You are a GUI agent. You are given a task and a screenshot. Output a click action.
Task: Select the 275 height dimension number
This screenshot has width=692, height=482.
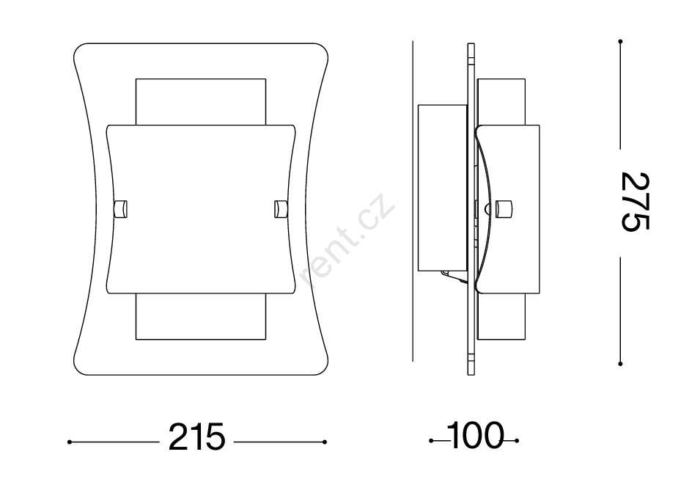pyautogui.click(x=635, y=202)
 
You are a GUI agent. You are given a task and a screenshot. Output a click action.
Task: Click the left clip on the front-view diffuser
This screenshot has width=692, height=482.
pyautogui.click(x=120, y=209)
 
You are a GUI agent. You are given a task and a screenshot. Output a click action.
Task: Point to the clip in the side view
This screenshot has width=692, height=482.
pyautogui.click(x=504, y=209)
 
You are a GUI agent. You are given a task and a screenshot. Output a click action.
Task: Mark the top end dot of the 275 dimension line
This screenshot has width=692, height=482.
pyautogui.click(x=620, y=42)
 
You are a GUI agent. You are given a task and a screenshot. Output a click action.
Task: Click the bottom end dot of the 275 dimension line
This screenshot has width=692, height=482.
pyautogui.click(x=620, y=364)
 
